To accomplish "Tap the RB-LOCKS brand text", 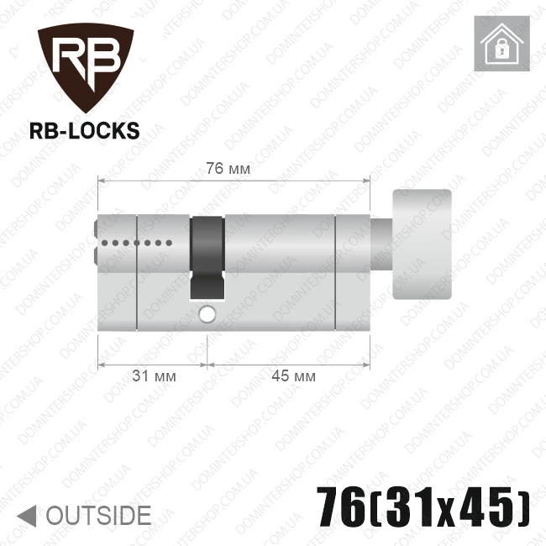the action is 85,131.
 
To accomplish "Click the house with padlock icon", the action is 501,44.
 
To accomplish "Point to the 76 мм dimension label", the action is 228,169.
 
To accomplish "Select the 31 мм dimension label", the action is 154,376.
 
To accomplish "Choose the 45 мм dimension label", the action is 293,376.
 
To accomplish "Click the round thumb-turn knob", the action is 422,244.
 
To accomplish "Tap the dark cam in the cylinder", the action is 207,258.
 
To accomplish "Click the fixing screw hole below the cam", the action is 207,314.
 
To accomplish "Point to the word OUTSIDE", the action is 99,516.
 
